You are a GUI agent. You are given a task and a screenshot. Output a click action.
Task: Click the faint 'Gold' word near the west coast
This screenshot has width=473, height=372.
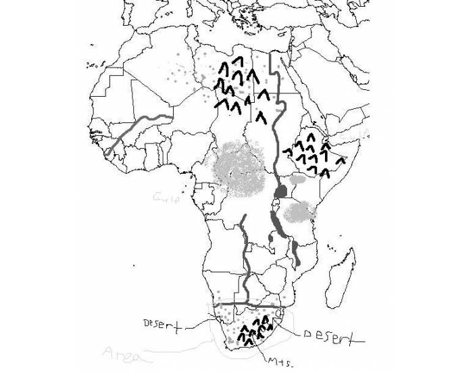(x=164, y=197)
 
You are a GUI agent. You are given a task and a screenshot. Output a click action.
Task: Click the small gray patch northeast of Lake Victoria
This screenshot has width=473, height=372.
(x=298, y=180)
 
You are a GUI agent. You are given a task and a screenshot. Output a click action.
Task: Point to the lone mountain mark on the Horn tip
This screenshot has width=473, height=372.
(x=340, y=161)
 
